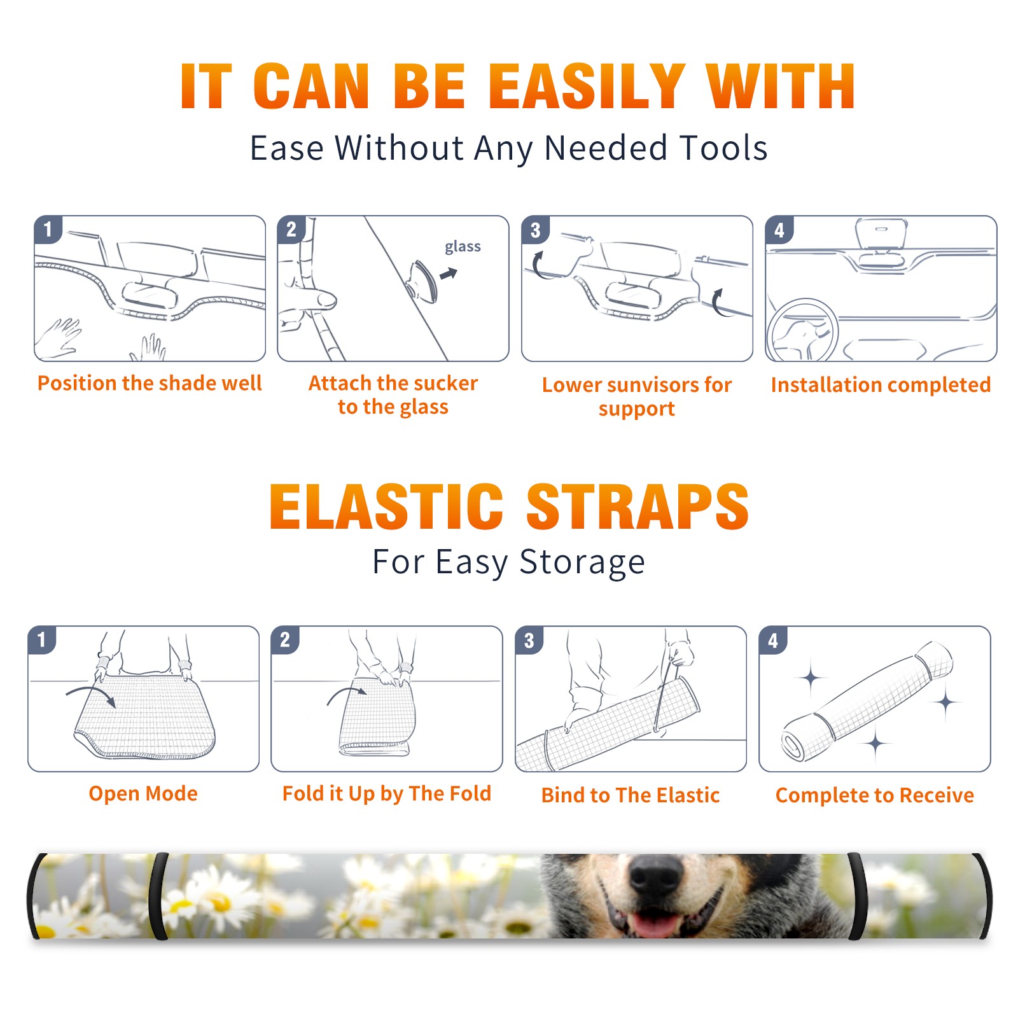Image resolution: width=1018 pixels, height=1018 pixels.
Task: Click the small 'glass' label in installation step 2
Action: pyautogui.click(x=463, y=248)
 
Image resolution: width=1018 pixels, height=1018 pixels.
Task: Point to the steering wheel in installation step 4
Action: pyautogui.click(x=803, y=330)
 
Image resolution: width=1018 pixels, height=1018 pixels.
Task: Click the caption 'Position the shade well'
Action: pyautogui.click(x=150, y=383)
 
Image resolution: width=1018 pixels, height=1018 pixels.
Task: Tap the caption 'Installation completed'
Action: pyautogui.click(x=881, y=385)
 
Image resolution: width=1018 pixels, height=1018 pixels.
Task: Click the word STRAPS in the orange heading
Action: pyautogui.click(x=638, y=506)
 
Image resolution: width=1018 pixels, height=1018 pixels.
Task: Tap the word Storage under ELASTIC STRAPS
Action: pyautogui.click(x=582, y=562)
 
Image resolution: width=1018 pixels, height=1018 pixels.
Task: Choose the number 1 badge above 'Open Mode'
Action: pyautogui.click(x=42, y=639)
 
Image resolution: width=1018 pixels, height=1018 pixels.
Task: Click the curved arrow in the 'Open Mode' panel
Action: pyautogui.click(x=90, y=693)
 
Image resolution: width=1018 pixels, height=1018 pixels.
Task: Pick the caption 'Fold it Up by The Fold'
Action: pyautogui.click(x=387, y=793)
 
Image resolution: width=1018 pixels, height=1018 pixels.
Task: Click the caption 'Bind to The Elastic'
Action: pyautogui.click(x=631, y=795)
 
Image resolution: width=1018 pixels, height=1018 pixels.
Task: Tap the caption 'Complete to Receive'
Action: pyautogui.click(x=875, y=795)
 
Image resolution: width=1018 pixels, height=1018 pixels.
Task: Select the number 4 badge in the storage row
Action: pyautogui.click(x=773, y=640)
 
